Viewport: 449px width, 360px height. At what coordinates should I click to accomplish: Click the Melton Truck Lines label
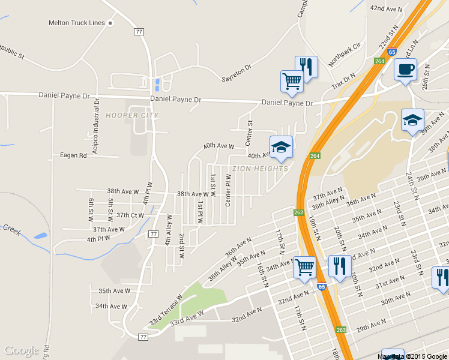(76, 23)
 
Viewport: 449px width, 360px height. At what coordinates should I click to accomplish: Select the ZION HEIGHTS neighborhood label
(260, 169)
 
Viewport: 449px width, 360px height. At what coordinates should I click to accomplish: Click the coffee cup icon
(405, 70)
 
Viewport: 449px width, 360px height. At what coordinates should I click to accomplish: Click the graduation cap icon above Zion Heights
(281, 148)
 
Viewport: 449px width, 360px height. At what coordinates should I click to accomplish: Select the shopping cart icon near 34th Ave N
(305, 267)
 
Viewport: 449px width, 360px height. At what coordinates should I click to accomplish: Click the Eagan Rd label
(73, 155)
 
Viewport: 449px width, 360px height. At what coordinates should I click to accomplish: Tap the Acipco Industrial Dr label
(96, 122)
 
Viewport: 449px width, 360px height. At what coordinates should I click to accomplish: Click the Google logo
(21, 350)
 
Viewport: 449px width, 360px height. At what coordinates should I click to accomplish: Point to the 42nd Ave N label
(385, 8)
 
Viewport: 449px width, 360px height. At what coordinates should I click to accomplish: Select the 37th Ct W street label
(130, 215)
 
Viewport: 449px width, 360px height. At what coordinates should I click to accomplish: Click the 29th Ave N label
(370, 326)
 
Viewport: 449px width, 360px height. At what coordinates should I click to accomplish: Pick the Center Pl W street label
(228, 191)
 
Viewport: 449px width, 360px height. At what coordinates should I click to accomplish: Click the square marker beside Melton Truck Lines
(110, 23)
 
